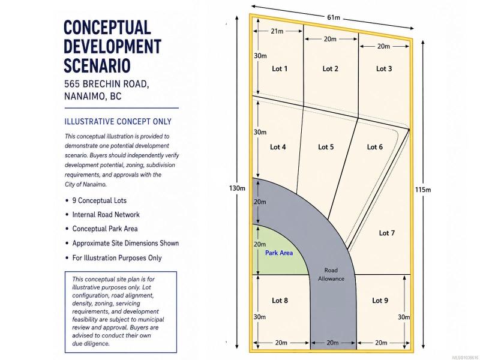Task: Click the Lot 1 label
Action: point(280,68)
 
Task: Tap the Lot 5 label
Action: point(326,147)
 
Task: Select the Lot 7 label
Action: point(386,233)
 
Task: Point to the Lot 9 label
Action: point(380,301)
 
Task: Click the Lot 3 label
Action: point(384,68)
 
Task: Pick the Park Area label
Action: point(279,253)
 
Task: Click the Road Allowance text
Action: point(331,274)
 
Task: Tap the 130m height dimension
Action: point(237,188)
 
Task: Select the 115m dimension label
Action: point(423,190)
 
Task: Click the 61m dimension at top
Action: point(334,17)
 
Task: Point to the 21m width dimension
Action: point(277,31)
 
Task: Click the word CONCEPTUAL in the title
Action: point(107,27)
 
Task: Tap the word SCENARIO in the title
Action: point(97,65)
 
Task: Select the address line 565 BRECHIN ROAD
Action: point(107,84)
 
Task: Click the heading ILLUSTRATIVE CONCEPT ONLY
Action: point(118,122)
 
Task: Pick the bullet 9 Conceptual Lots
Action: point(99,200)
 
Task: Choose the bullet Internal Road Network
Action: point(106,215)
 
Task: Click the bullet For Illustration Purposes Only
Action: point(116,258)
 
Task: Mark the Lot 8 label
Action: point(280,301)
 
